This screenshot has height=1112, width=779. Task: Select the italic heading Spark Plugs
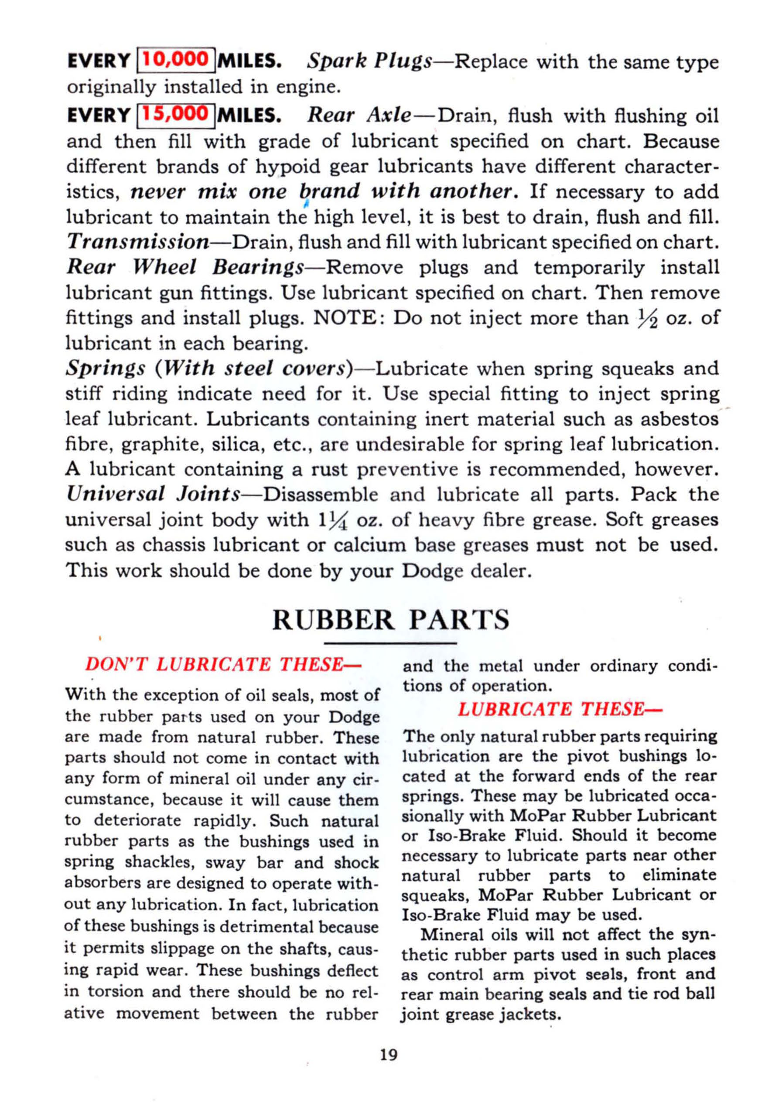coord(369,61)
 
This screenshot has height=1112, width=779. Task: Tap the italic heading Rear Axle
coord(359,116)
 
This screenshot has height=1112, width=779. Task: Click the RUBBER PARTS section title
coord(391,620)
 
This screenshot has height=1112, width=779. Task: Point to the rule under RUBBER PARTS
coord(391,643)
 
